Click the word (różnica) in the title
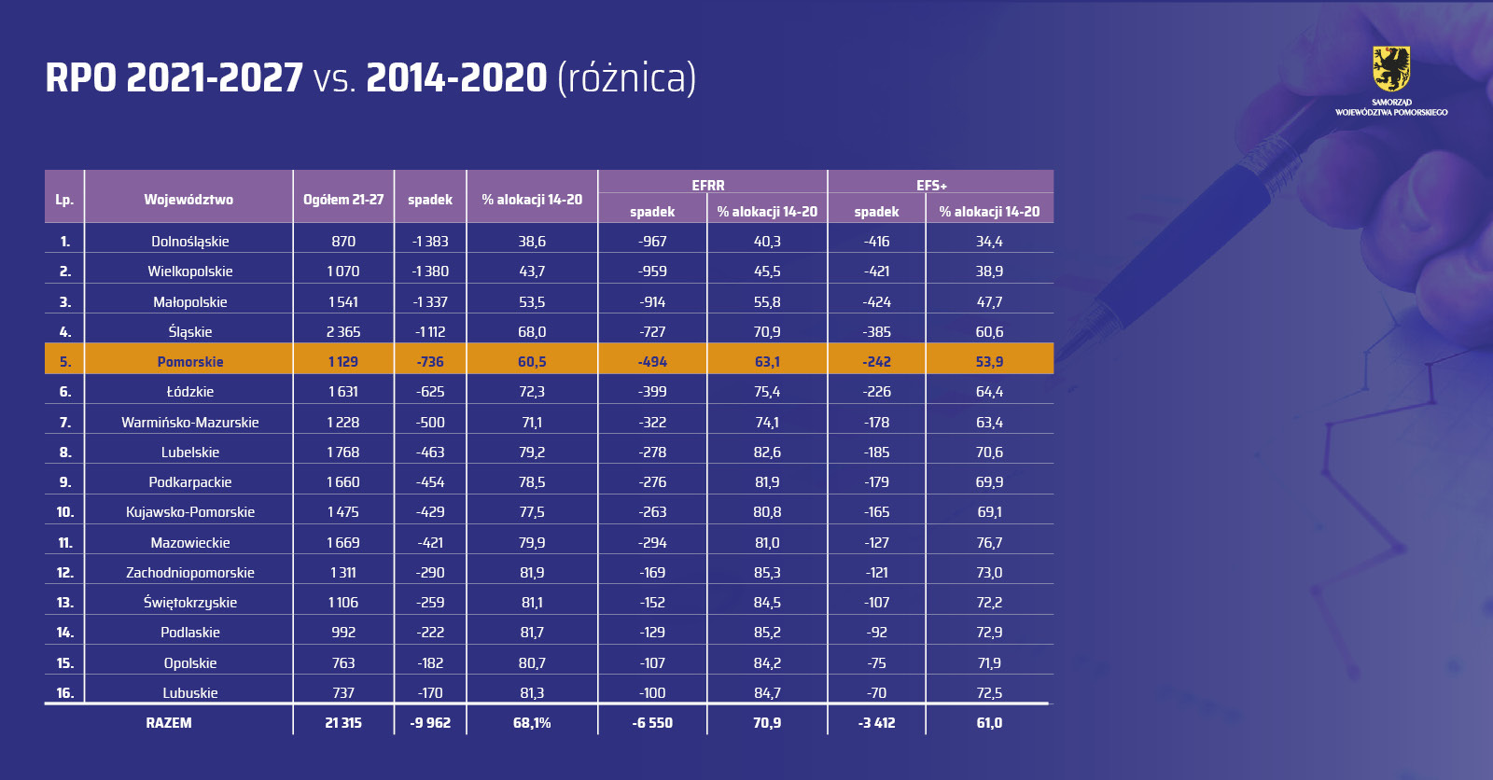click(x=626, y=78)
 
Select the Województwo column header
click(x=188, y=200)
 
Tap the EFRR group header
click(x=708, y=186)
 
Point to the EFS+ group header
click(x=931, y=186)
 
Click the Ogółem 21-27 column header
click(x=343, y=200)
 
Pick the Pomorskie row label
click(x=190, y=362)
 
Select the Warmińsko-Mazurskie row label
click(x=190, y=423)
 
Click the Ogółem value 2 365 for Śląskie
click(x=343, y=332)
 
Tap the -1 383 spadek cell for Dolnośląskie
click(x=430, y=242)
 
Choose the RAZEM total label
click(x=169, y=723)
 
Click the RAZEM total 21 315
click(x=343, y=723)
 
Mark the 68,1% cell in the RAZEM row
click(x=532, y=723)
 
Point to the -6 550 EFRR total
click(x=652, y=723)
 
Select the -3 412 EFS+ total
click(x=876, y=723)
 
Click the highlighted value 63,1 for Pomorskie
click(x=767, y=362)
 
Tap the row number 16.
click(x=64, y=693)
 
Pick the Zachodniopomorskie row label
click(x=190, y=573)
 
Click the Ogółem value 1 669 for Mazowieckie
click(x=343, y=543)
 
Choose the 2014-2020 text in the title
click(x=456, y=78)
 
